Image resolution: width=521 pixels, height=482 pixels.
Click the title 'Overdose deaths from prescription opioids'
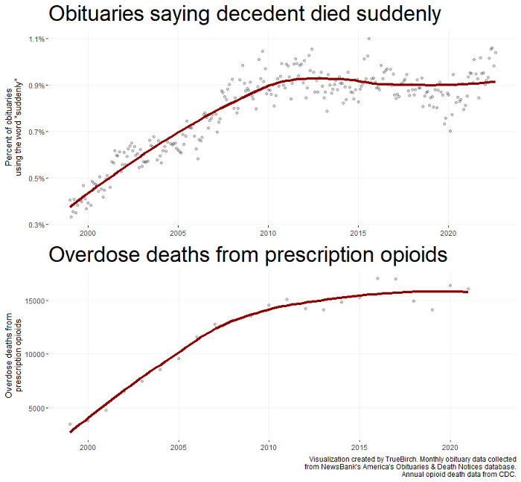tap(248, 255)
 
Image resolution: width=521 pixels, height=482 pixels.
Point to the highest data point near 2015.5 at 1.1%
tap(368, 39)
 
